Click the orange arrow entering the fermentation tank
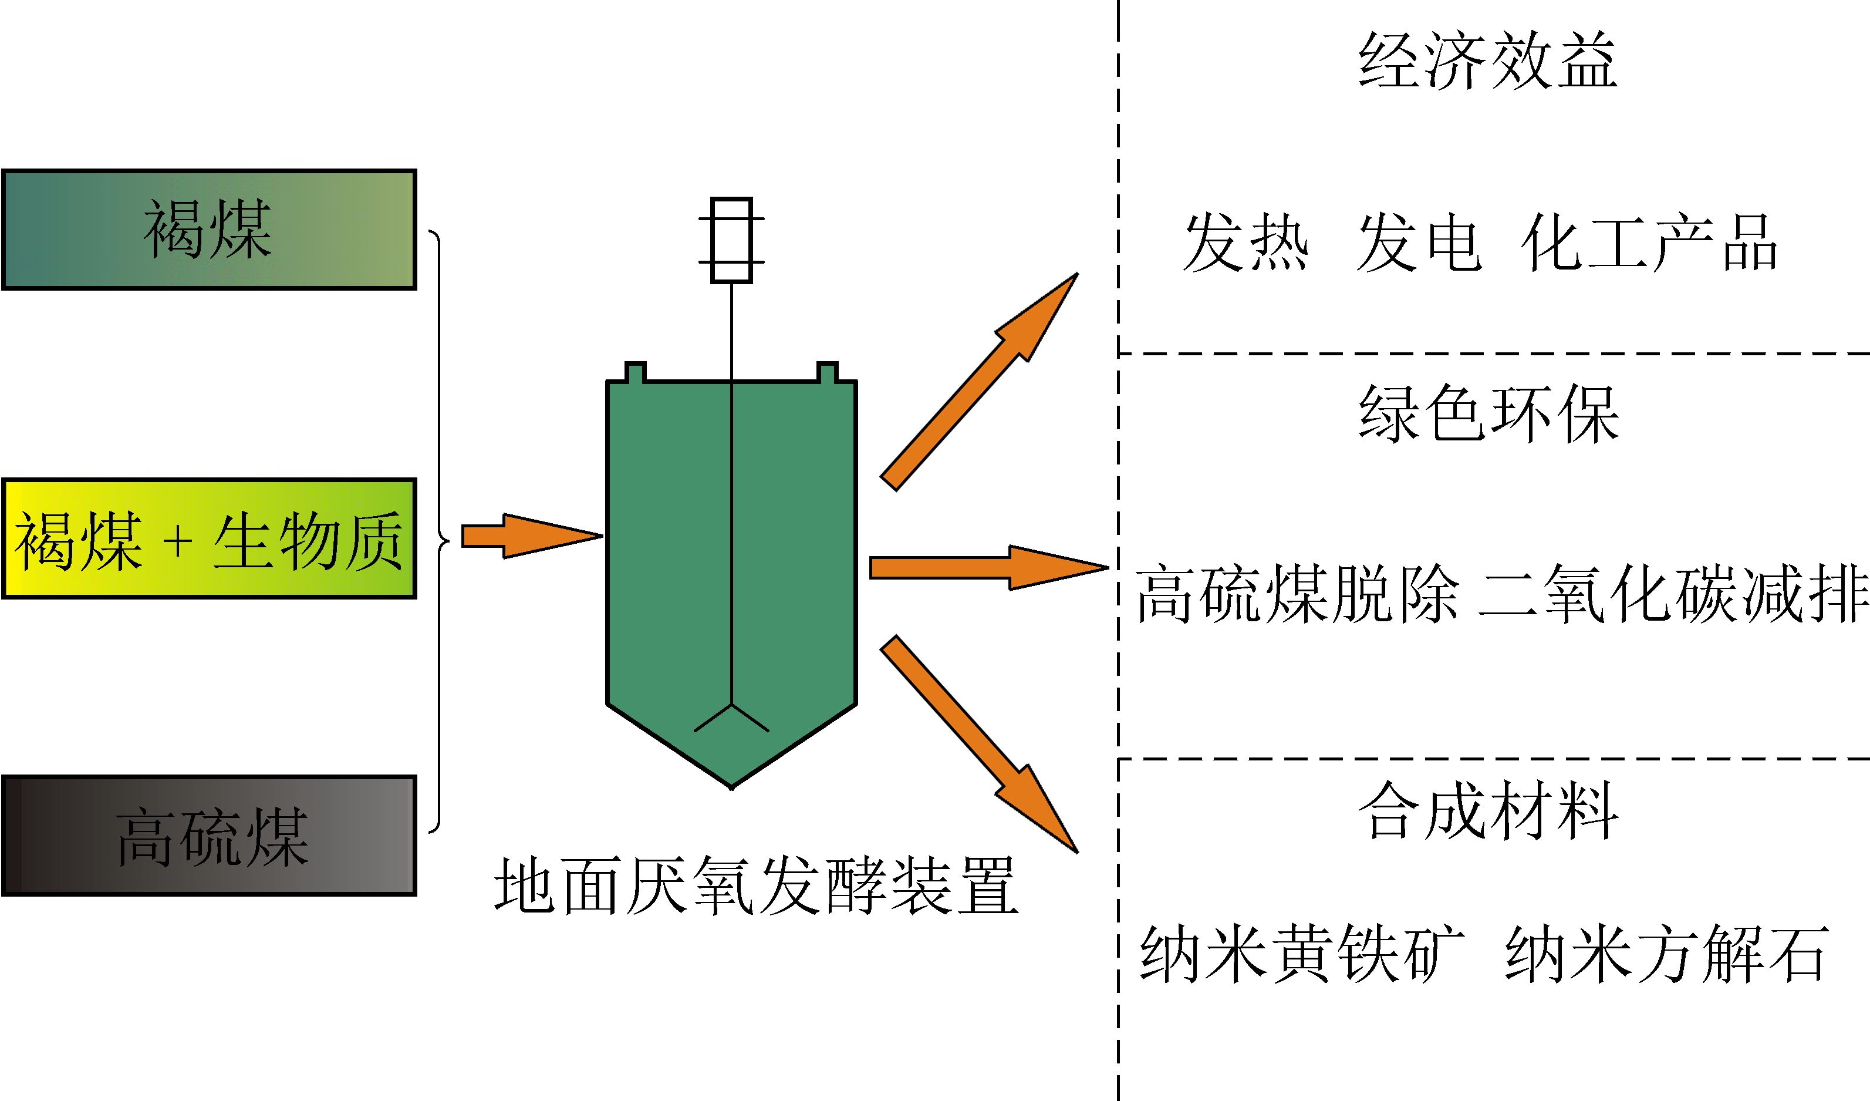(531, 536)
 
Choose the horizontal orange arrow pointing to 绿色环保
(987, 568)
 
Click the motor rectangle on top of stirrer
(732, 240)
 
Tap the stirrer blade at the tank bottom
(732, 718)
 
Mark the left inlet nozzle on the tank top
(635, 372)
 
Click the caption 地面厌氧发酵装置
(755, 885)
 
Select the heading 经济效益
(1487, 61)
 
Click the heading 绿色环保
(1487, 414)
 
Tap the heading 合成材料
(1487, 811)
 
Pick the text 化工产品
(1649, 242)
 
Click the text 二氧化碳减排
(1673, 592)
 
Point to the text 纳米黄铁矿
(1302, 954)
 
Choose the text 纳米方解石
(1665, 954)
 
